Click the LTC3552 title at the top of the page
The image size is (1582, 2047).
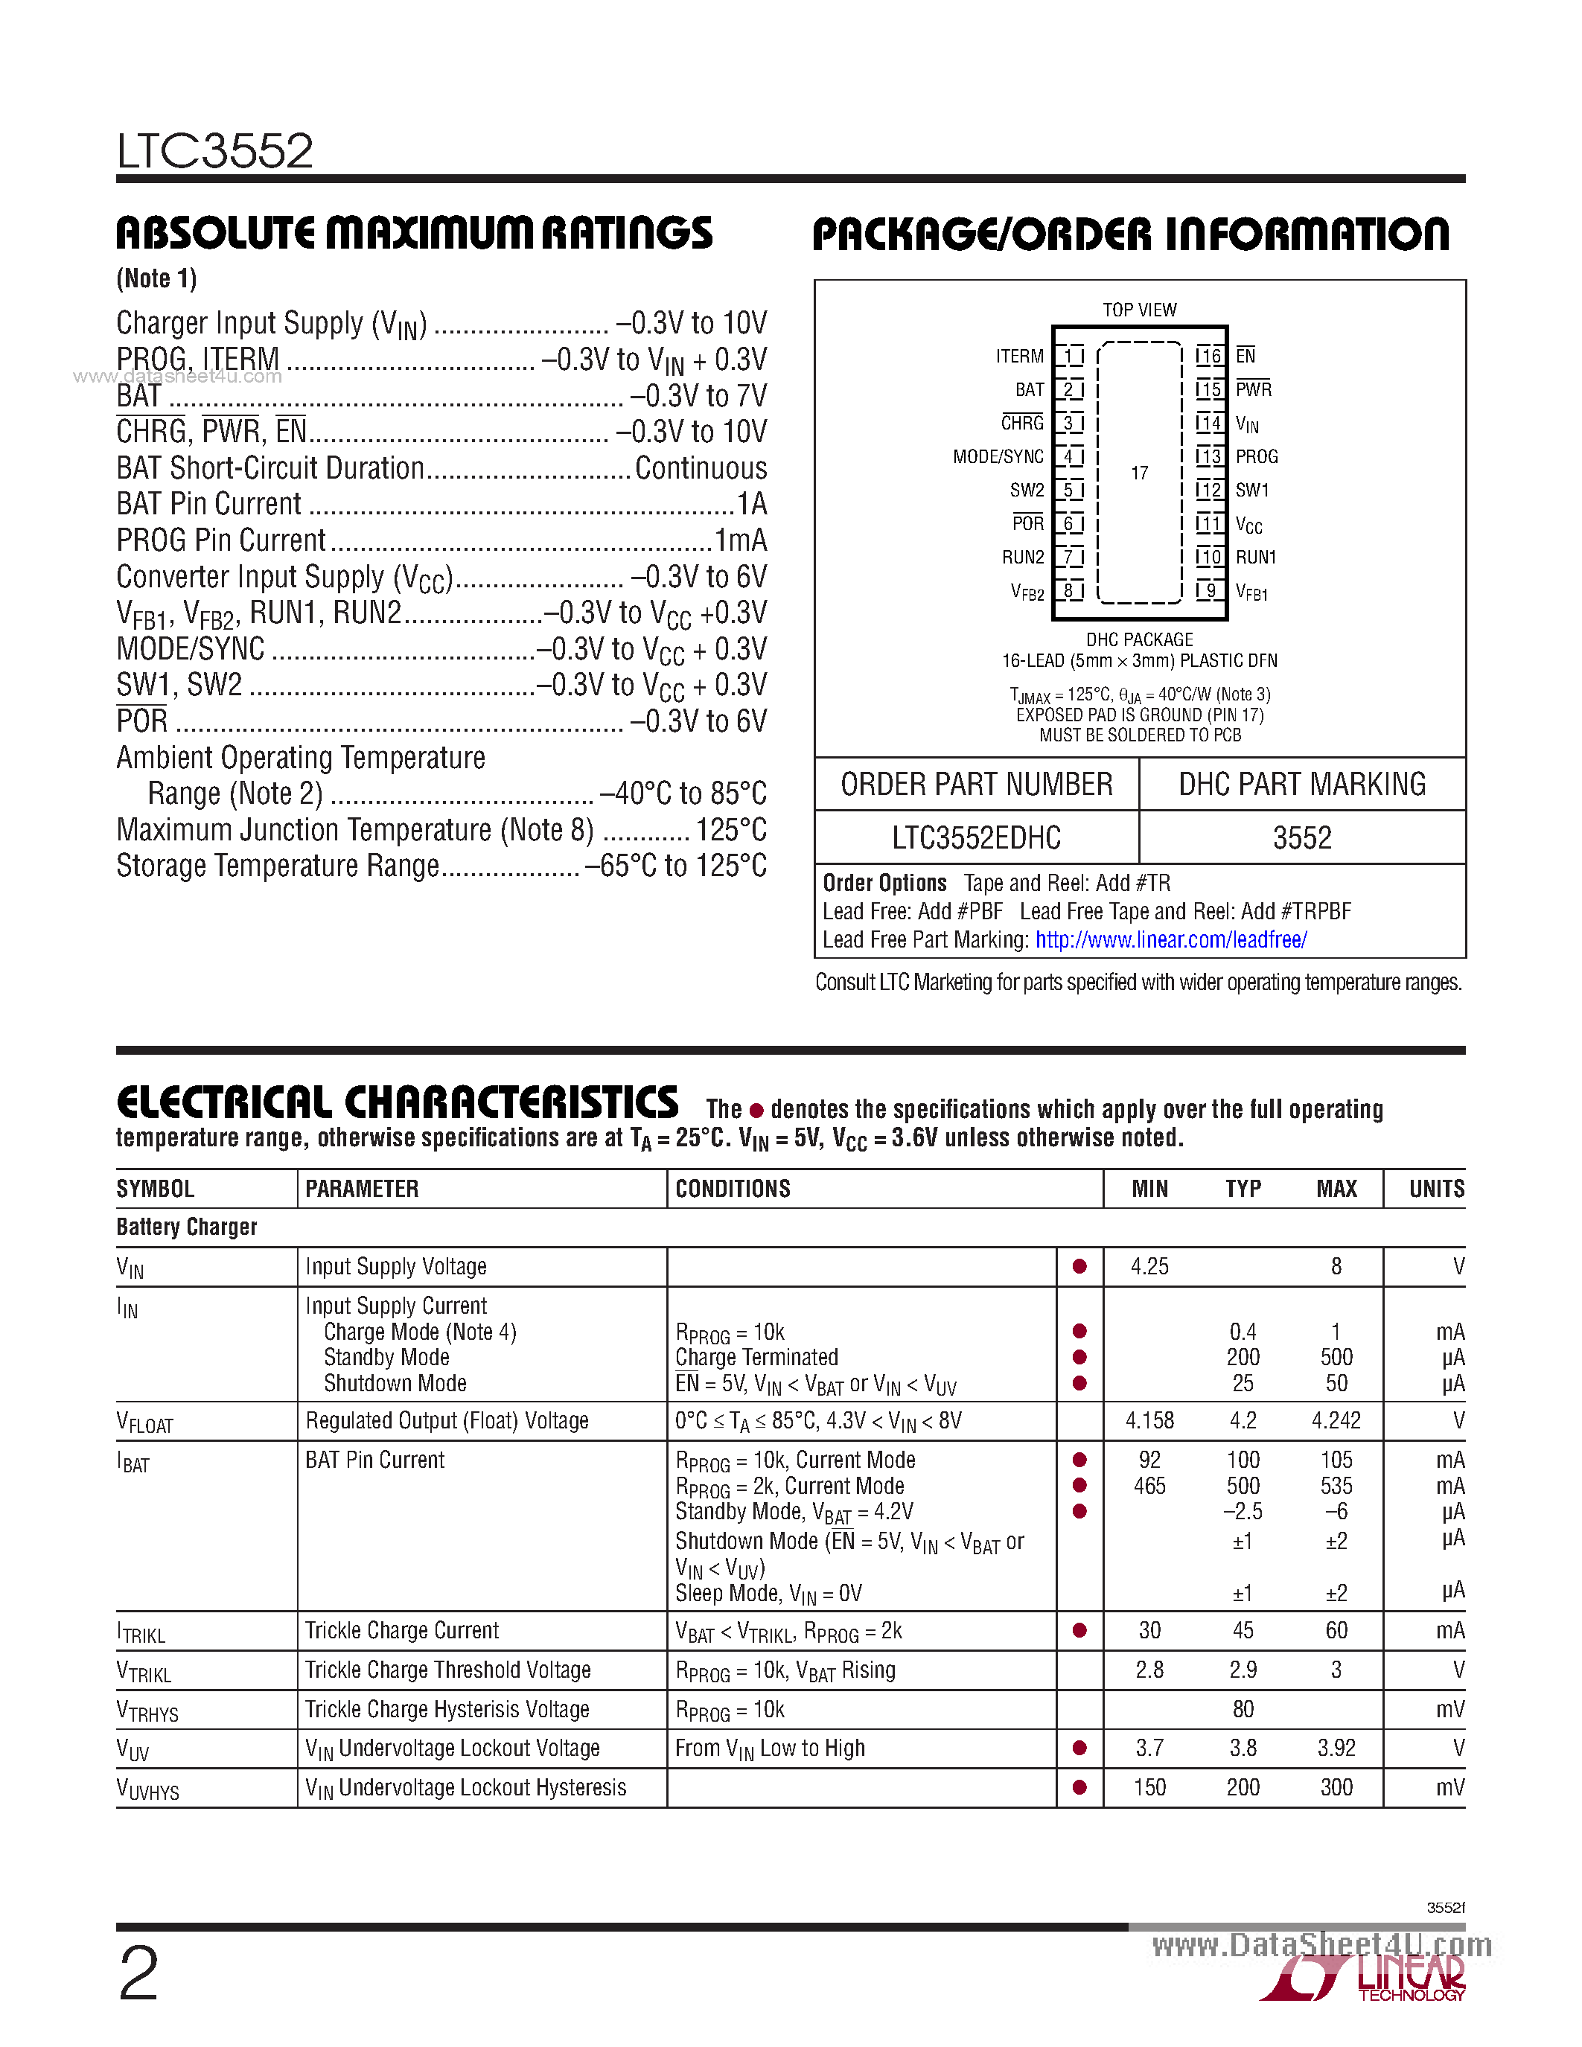pos(214,151)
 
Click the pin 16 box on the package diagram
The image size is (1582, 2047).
pos(1210,355)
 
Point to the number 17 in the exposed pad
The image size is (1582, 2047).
pos(1139,473)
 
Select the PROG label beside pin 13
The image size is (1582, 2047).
pos(1256,456)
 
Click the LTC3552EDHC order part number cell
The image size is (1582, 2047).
pos(976,837)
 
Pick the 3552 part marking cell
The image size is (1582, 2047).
pos(1302,837)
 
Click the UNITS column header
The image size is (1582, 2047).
pos(1436,1189)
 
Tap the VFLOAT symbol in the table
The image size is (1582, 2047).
pos(144,1422)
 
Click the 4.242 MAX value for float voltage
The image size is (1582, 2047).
pos(1336,1421)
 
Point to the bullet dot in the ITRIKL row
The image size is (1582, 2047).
pos(1079,1631)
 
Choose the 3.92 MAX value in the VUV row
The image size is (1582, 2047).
pos(1336,1748)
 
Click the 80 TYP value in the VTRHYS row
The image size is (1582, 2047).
pos(1243,1708)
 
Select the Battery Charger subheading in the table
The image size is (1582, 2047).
pos(187,1227)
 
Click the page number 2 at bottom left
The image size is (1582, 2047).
pos(138,1973)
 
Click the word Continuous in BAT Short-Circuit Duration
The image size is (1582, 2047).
pos(700,467)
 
